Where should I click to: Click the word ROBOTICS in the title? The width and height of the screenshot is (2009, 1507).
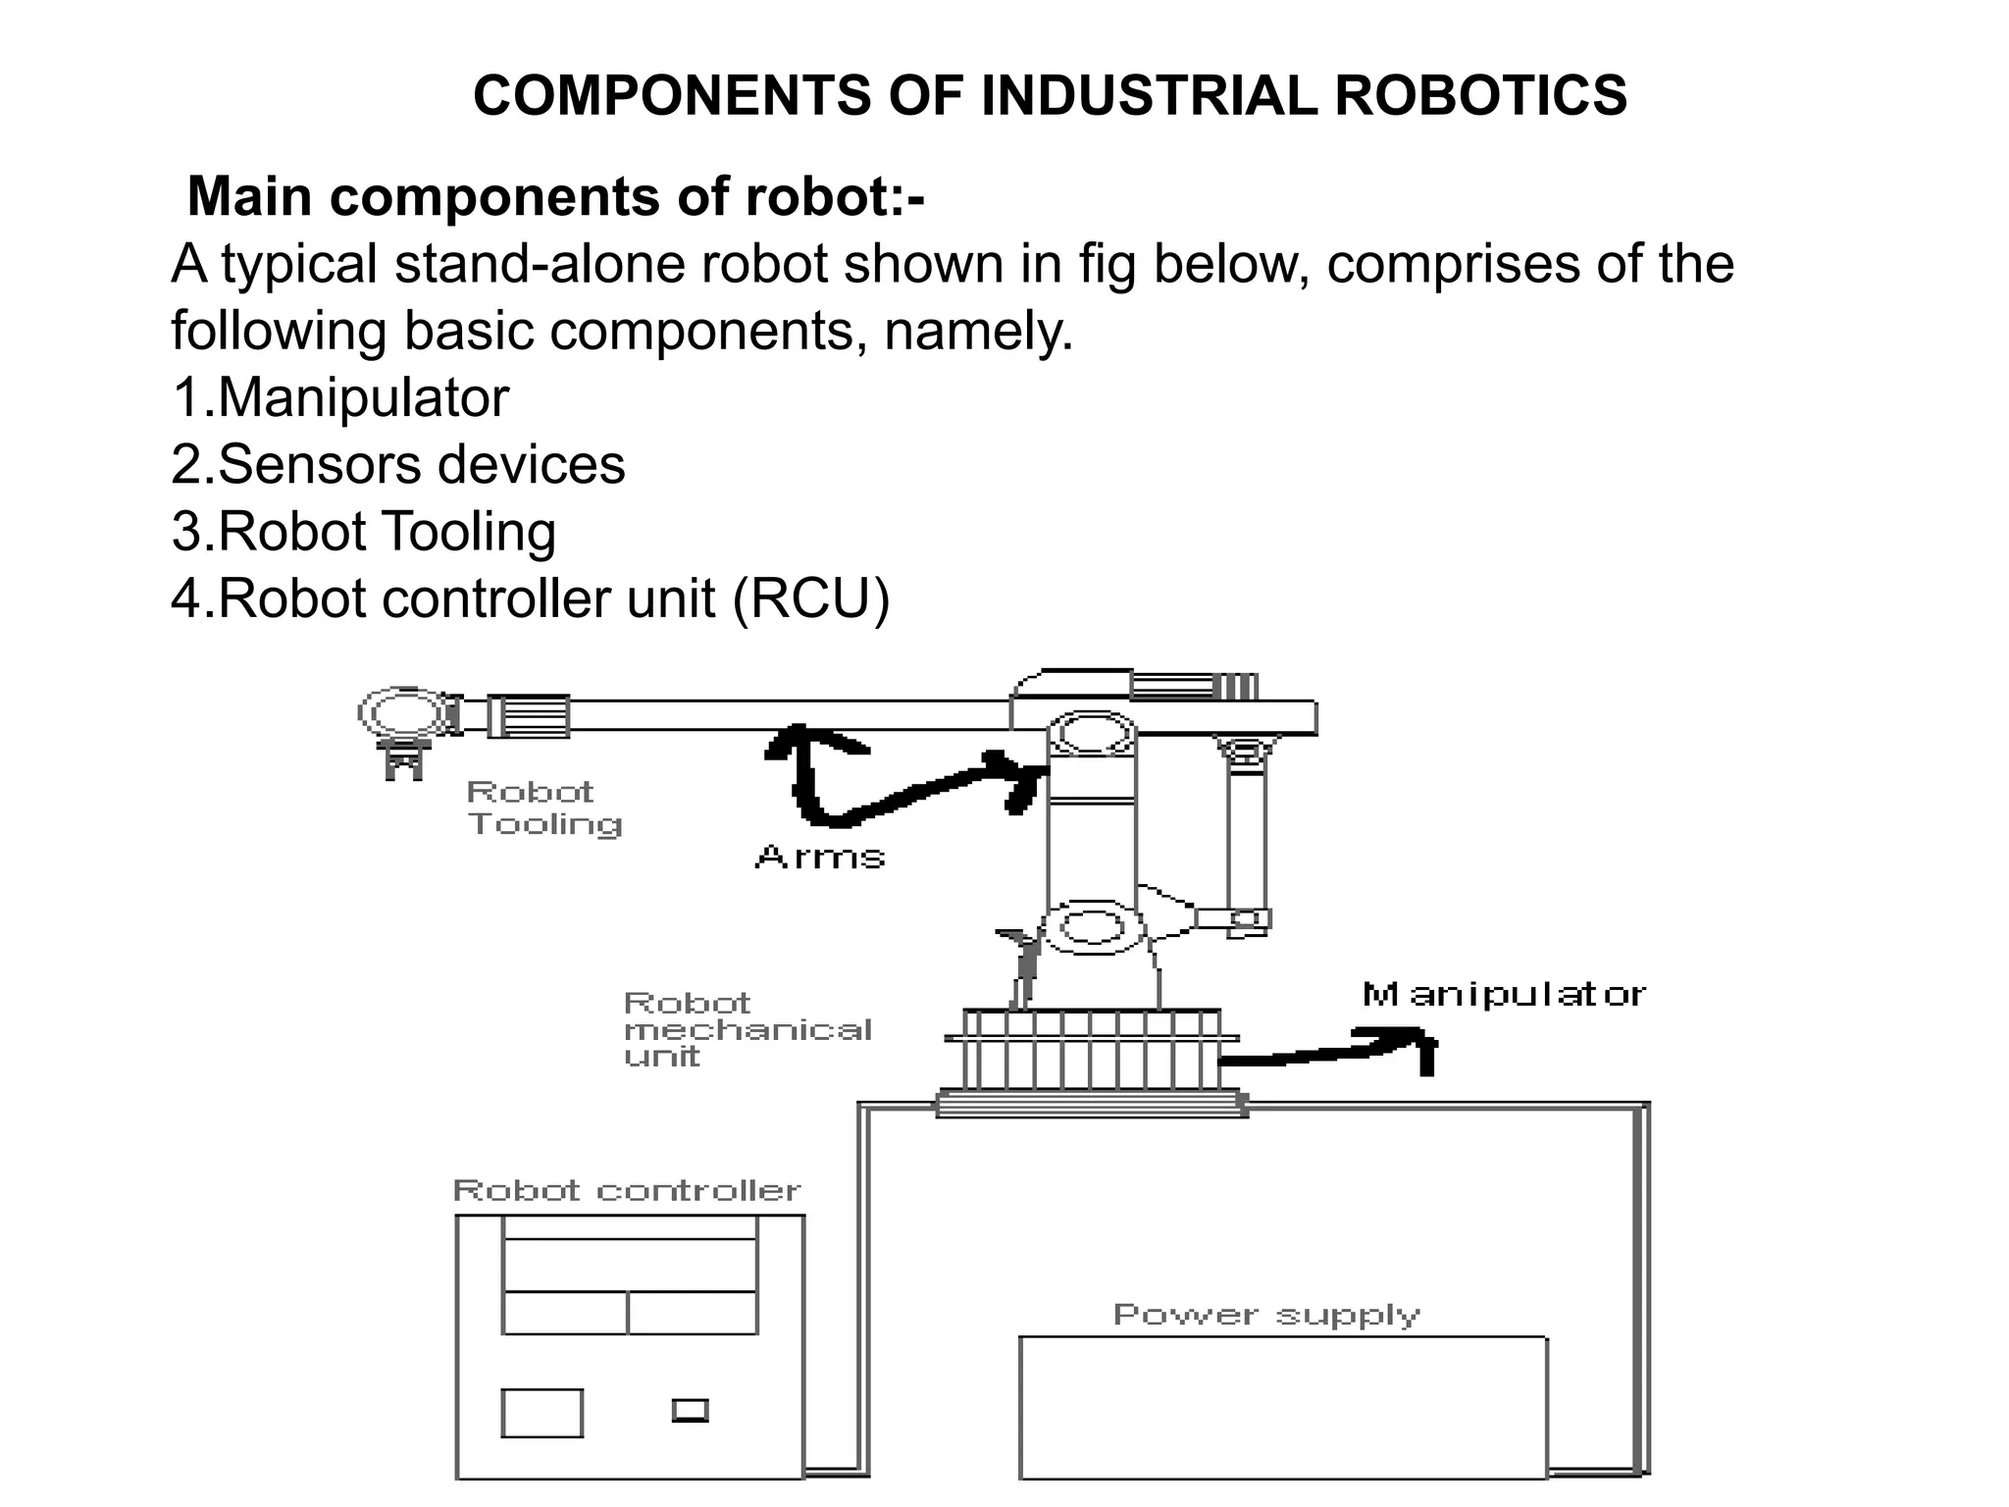(x=1480, y=96)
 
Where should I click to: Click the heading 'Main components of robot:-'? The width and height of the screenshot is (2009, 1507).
(x=555, y=196)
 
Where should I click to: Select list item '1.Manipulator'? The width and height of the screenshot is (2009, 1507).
(x=340, y=397)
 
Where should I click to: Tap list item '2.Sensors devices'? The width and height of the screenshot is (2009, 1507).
(x=397, y=464)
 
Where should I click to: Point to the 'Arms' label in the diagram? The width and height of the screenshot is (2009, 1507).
(x=820, y=857)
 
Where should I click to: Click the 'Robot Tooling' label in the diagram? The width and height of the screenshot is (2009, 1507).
(x=542, y=807)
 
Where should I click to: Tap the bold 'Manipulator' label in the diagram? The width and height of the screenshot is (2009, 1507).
(x=1504, y=995)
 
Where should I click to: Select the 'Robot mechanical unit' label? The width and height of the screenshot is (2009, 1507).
(x=746, y=1029)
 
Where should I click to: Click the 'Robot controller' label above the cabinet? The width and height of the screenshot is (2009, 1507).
(x=627, y=1191)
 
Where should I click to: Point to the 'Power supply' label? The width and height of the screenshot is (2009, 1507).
(x=1266, y=1315)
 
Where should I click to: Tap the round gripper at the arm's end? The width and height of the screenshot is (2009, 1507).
(x=402, y=714)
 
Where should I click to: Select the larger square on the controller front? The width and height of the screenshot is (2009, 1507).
(x=541, y=1413)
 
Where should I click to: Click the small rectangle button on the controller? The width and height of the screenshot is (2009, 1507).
(x=691, y=1410)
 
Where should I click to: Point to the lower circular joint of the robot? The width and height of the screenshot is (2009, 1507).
(x=1092, y=926)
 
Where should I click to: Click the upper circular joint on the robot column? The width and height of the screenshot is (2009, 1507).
(x=1092, y=734)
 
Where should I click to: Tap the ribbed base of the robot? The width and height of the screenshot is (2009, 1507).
(x=1092, y=1050)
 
